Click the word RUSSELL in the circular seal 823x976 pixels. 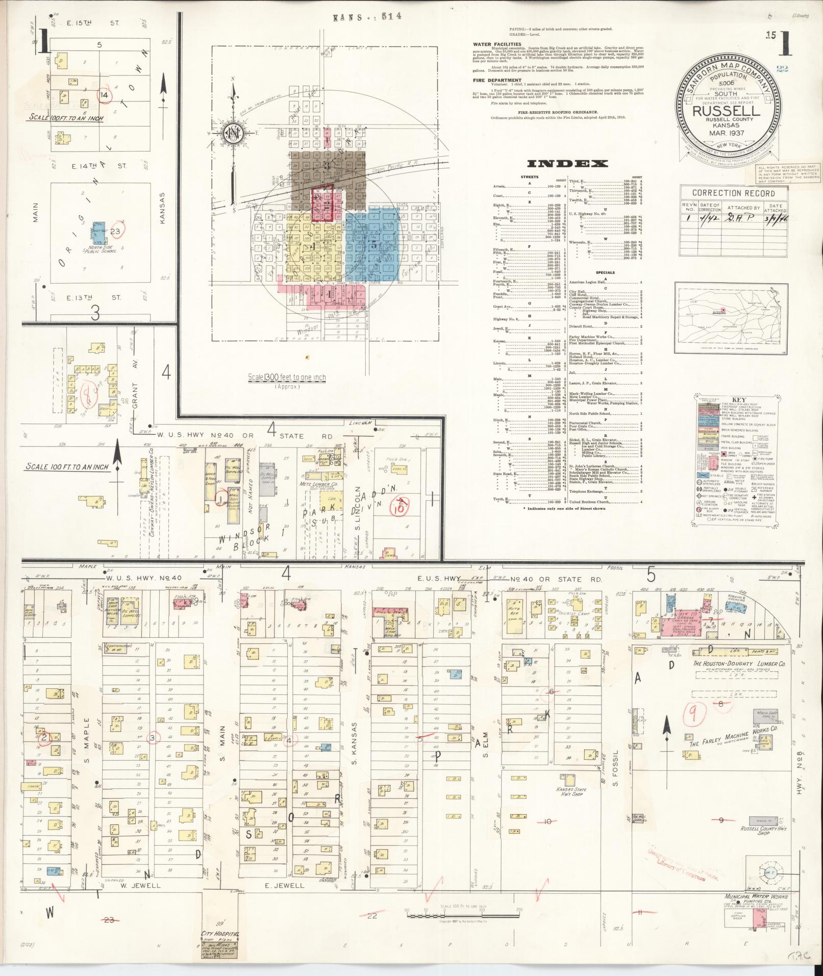coord(726,110)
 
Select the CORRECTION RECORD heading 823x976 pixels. coord(733,193)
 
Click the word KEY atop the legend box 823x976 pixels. coord(735,400)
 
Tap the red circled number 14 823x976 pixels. coord(105,95)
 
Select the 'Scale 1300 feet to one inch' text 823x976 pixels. coord(286,378)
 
